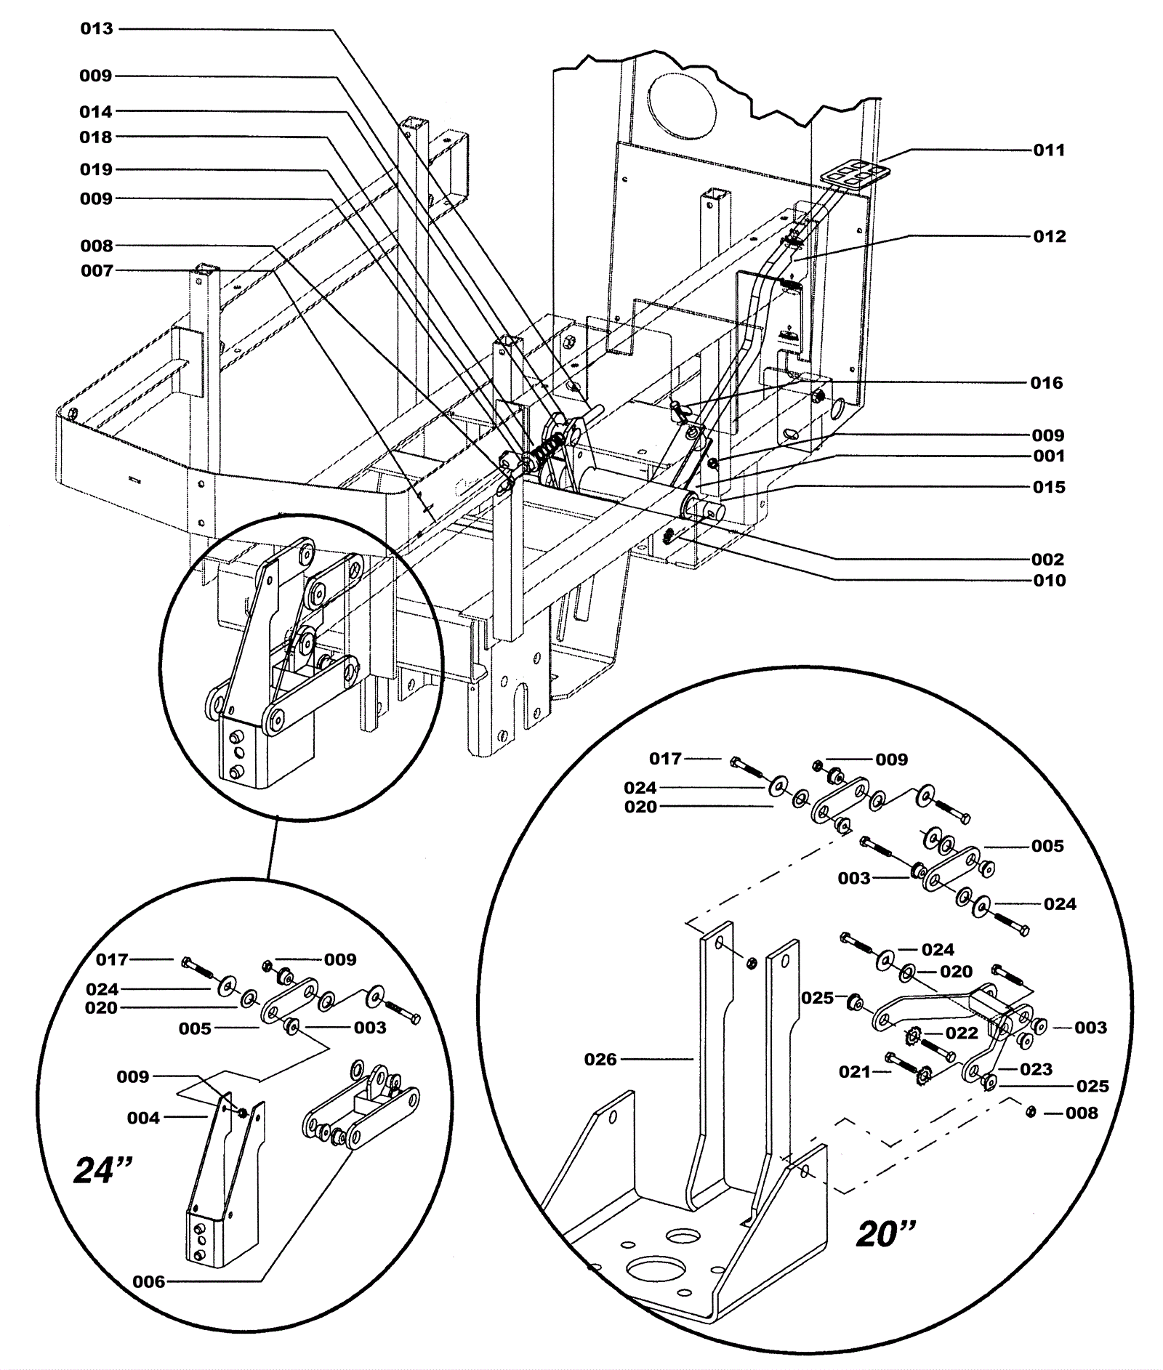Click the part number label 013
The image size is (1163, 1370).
pos(97,29)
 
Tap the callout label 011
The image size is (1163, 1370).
pos(1049,150)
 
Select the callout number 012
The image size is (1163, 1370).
pos(1049,237)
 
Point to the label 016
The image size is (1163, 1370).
pos(1047,383)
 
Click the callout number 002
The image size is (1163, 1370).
pos(1048,560)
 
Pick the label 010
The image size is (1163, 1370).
pos(1049,581)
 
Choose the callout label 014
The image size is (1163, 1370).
pos(97,112)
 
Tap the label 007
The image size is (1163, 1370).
pos(97,271)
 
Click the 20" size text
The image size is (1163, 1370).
pos(886,1233)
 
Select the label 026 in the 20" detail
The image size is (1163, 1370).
pos(600,1060)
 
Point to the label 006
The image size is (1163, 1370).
pos(149,1281)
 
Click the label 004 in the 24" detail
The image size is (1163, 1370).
pos(143,1118)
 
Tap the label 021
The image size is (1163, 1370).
pos(854,1071)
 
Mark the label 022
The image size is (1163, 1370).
pos(962,1033)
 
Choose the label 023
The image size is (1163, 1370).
pos(1036,1069)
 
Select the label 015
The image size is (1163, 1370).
pos(1049,488)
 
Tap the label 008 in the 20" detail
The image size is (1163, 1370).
pos(1082,1113)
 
